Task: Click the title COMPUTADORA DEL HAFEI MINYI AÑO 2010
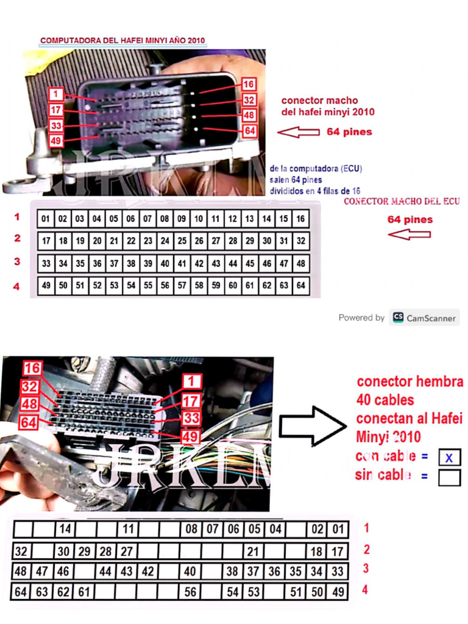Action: pos(122,41)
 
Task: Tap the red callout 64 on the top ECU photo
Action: pos(249,130)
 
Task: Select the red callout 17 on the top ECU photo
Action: pos(56,110)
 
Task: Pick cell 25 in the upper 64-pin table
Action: pos(182,241)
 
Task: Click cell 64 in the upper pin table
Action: pos(300,285)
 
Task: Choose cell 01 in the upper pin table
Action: pos(46,219)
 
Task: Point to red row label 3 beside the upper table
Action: pos(17,261)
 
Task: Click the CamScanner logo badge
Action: pos(425,317)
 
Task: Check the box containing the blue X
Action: pos(449,457)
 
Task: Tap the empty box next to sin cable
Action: pos(449,477)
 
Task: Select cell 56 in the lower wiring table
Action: pos(191,592)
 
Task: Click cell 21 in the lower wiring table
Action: pos(253,551)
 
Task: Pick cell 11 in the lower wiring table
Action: pos(128,529)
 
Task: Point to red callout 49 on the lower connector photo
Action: pos(191,436)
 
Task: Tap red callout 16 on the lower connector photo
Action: pos(32,368)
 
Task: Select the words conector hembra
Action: pos(409,382)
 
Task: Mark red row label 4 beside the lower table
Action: pos(365,590)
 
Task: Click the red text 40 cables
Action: pos(385,400)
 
